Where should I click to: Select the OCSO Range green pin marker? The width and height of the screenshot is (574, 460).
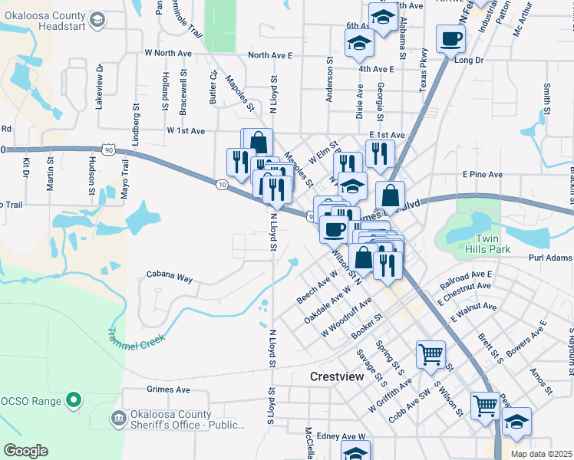pos(73,399)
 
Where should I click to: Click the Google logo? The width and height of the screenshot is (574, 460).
pos(25,451)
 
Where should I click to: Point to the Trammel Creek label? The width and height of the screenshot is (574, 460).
pos(137,339)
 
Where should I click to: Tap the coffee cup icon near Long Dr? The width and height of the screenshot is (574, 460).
pos(451,38)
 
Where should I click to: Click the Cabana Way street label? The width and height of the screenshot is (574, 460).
pos(170,278)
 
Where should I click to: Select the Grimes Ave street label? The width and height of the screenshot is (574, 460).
pos(168,389)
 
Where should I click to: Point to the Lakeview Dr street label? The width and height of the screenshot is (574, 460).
pos(99,87)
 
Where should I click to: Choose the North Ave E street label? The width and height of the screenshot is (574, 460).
pos(270,55)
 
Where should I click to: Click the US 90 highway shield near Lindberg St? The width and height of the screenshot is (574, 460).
pos(111,149)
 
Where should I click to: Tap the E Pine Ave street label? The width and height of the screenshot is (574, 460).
pos(482,175)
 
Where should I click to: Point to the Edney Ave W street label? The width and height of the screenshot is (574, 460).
pos(343,435)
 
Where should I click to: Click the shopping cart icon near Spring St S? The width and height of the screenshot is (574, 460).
pos(430,353)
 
